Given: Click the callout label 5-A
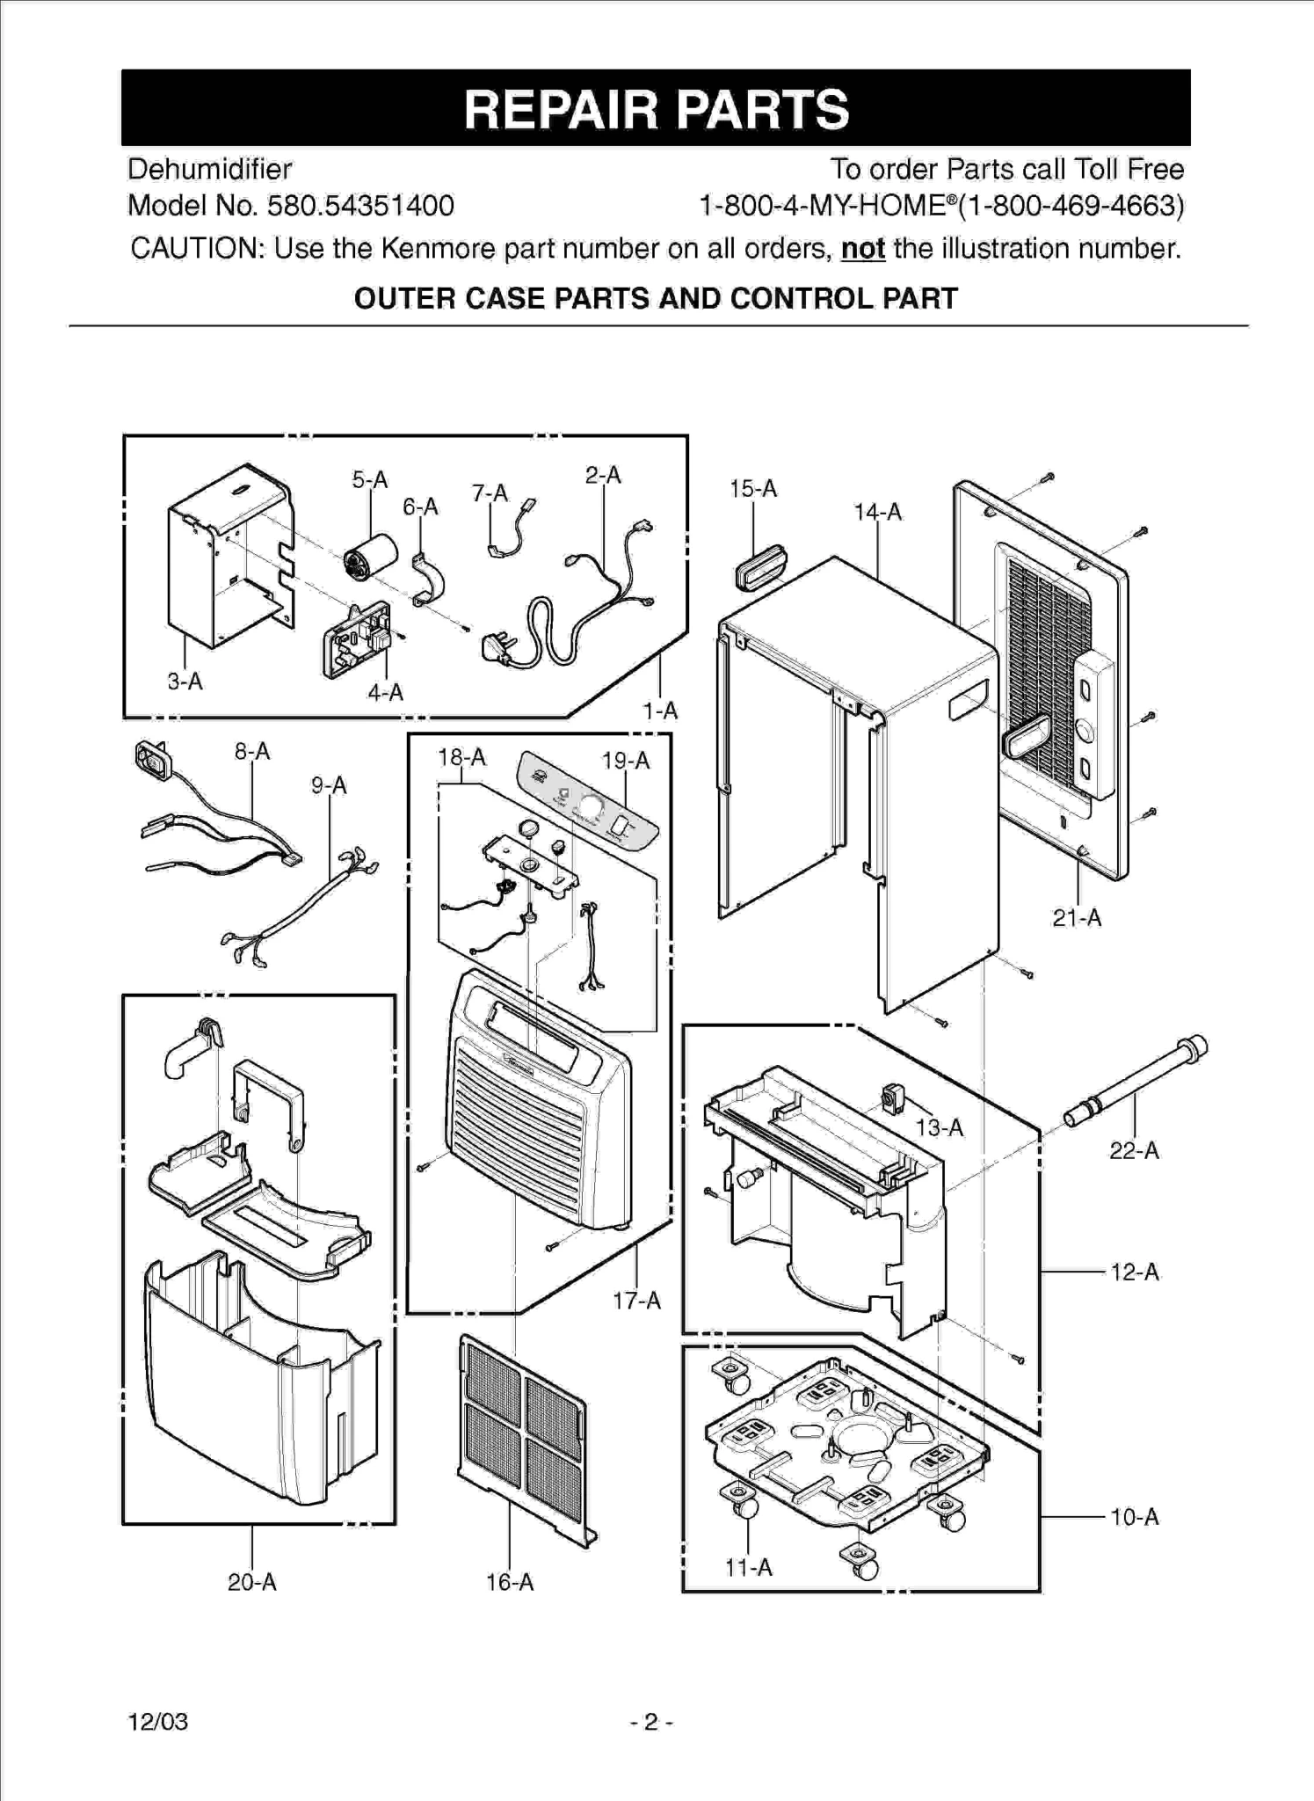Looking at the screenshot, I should tap(369, 480).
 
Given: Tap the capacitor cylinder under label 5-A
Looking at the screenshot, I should tap(369, 557).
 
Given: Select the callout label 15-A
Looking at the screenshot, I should tap(752, 489).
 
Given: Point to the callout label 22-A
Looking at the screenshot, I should tap(1133, 1150).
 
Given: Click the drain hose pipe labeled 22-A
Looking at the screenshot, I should tap(1135, 1084).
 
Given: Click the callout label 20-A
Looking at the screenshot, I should tap(251, 1582).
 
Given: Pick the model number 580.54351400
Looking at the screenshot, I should tap(360, 206).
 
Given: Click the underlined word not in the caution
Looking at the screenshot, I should tap(862, 249).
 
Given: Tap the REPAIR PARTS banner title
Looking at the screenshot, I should tap(656, 109).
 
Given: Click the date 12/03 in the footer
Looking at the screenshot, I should tap(158, 1721).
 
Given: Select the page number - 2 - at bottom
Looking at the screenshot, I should tap(651, 1721).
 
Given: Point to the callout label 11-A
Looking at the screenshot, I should tap(748, 1567).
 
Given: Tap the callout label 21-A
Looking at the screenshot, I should tap(1076, 918).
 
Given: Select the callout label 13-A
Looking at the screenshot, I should tap(939, 1127).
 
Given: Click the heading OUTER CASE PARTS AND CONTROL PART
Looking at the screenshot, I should tap(656, 299).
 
